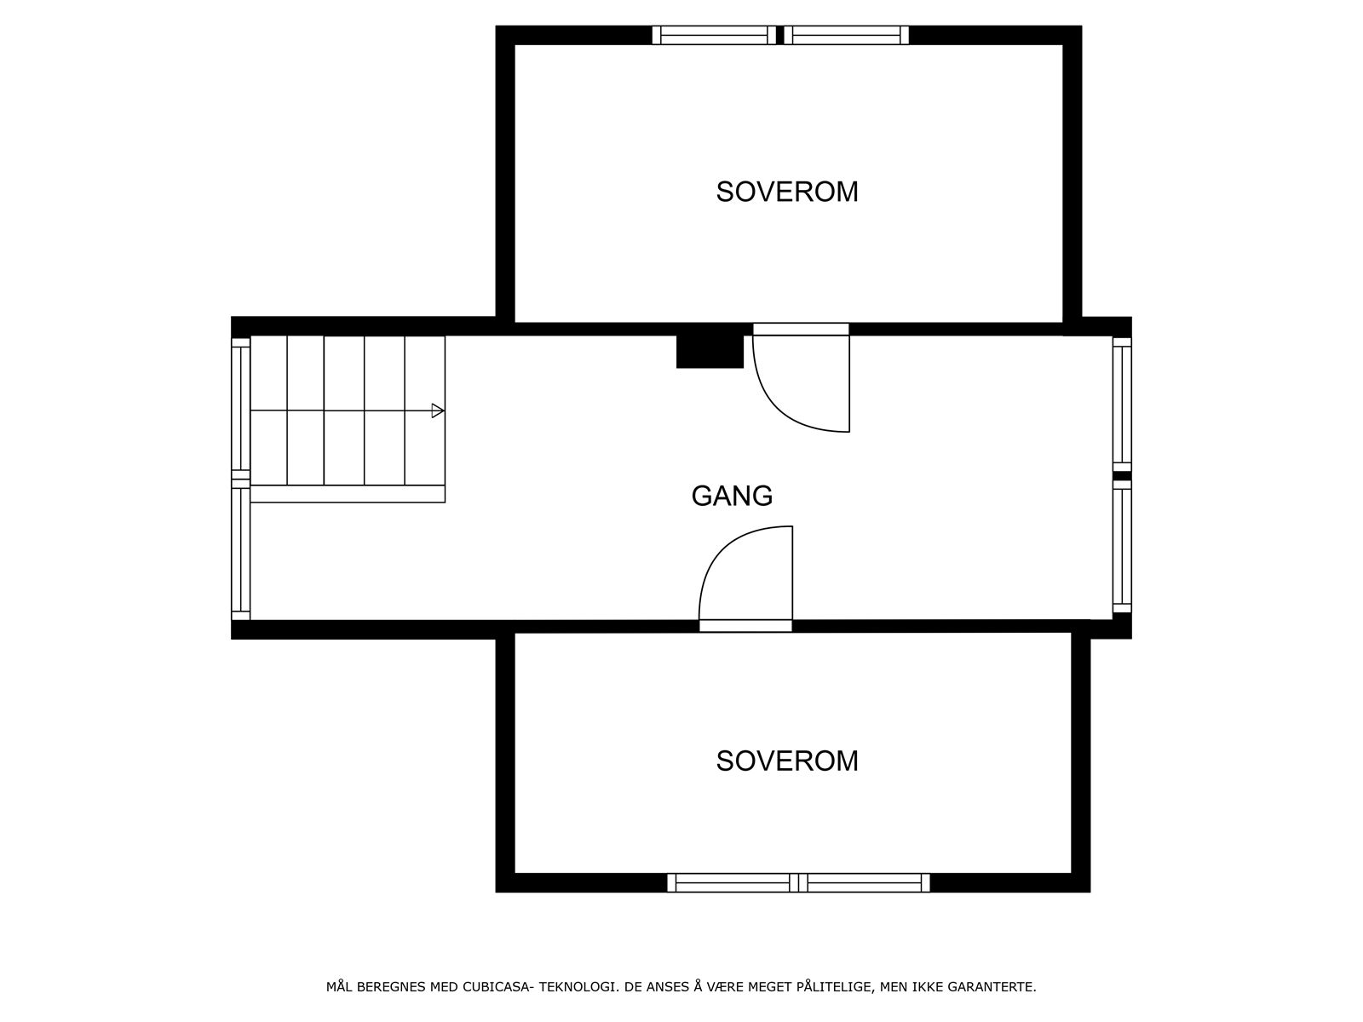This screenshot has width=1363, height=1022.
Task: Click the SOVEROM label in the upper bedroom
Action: (x=786, y=192)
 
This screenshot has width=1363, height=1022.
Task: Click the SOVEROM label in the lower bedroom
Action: (x=786, y=761)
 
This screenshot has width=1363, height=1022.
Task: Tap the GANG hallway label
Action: (x=732, y=496)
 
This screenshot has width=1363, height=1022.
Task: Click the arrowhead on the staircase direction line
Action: (x=437, y=411)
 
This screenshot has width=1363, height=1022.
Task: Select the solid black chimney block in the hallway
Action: (x=710, y=351)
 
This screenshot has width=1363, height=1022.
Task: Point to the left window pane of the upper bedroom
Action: (x=714, y=35)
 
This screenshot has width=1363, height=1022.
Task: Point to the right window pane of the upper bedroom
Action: (x=846, y=35)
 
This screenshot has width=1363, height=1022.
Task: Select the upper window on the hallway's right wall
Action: (x=1122, y=405)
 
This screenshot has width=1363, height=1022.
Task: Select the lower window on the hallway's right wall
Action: (x=1122, y=546)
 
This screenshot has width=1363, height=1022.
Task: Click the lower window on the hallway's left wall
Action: (x=240, y=549)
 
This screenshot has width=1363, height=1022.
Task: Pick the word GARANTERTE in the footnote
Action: (x=994, y=987)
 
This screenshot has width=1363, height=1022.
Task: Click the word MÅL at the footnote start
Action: (x=340, y=987)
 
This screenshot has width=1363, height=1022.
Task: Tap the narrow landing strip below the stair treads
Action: (x=348, y=494)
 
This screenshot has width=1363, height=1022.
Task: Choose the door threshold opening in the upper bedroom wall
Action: (x=801, y=329)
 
